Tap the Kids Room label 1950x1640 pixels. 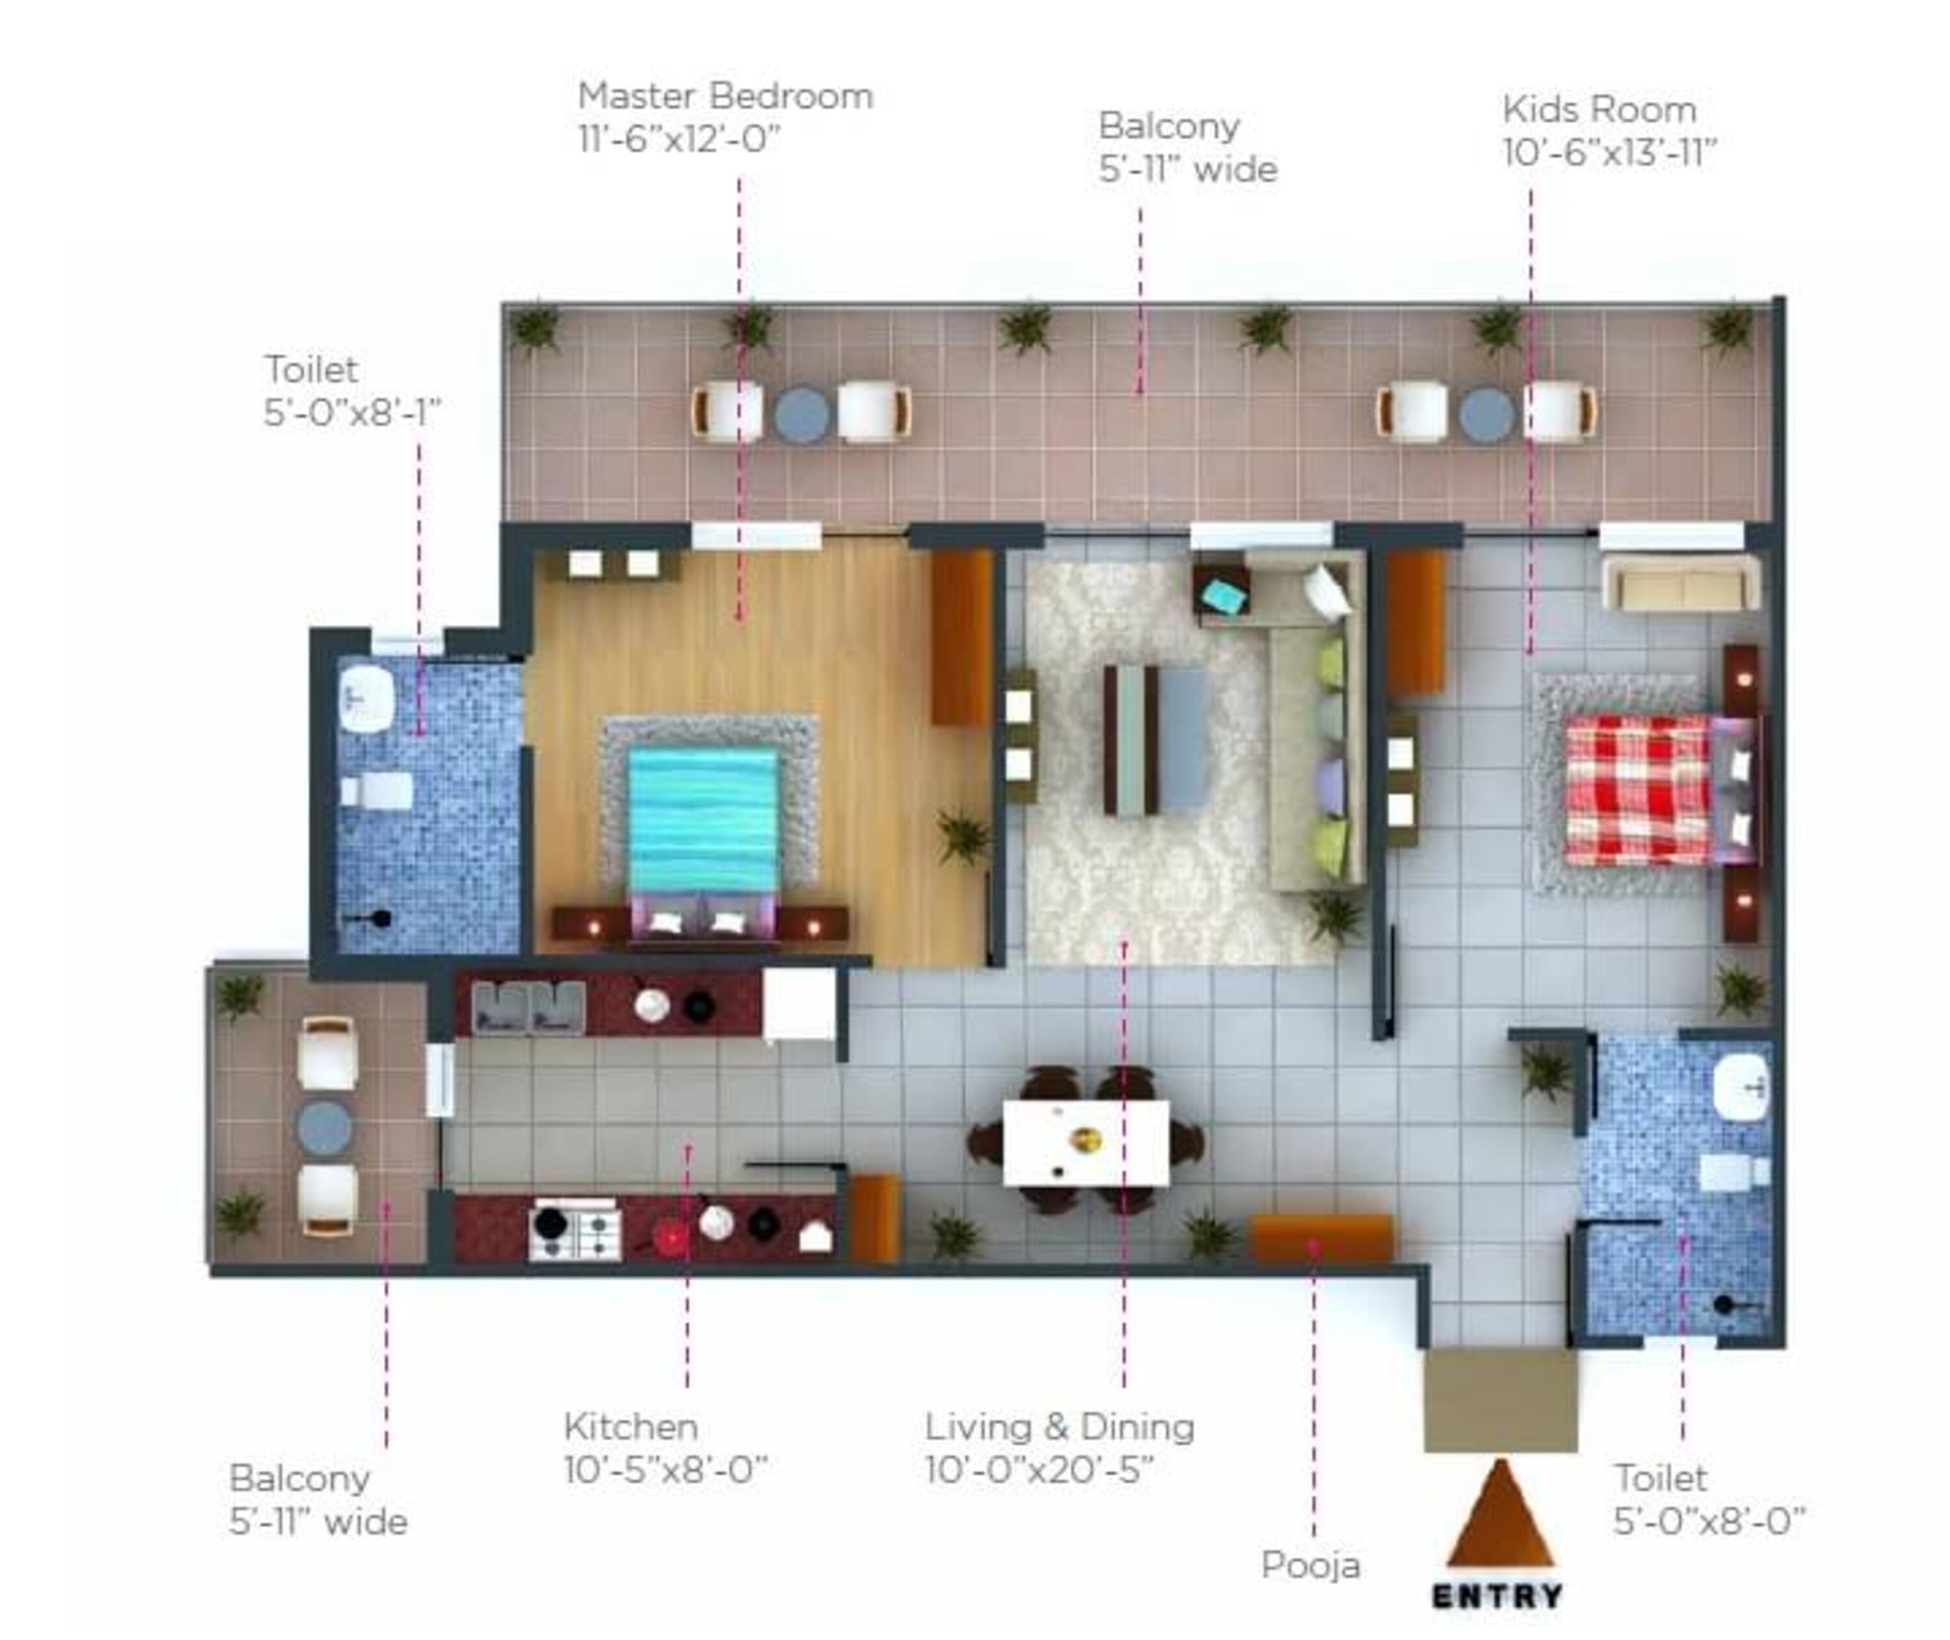point(1609,131)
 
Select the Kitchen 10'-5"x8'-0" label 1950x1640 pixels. point(665,1448)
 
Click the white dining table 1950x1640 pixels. point(1085,1143)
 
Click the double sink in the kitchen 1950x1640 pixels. point(528,1008)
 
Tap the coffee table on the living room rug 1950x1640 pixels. point(1156,739)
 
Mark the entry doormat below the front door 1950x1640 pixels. point(1500,1399)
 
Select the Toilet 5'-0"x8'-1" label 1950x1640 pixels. point(352,391)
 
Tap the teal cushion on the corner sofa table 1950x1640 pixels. point(1224,596)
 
